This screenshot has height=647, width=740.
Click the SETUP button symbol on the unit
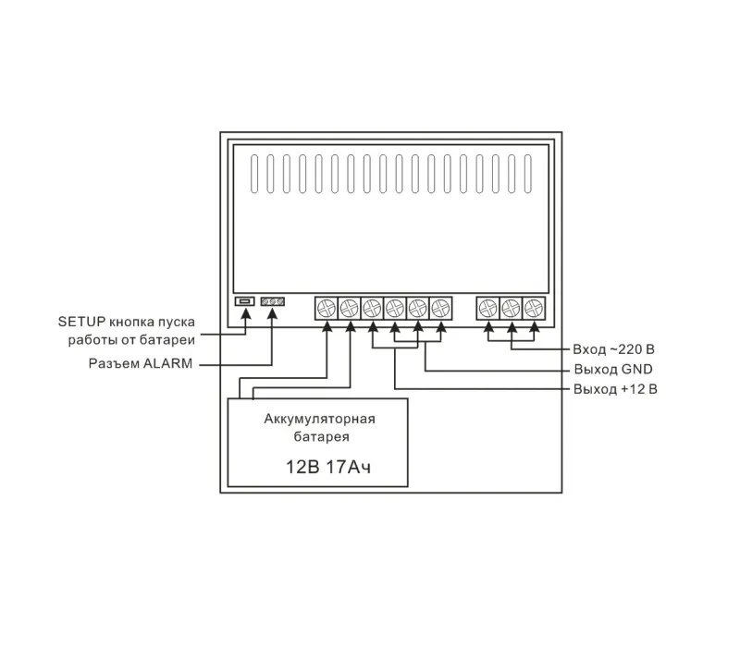point(244,301)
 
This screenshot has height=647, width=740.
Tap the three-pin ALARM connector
point(272,301)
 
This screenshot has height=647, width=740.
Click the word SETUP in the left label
point(81,322)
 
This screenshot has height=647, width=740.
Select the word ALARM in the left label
point(167,363)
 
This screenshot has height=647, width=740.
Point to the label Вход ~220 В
point(613,349)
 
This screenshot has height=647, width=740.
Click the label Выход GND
point(613,369)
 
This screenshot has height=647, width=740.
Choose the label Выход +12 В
point(615,389)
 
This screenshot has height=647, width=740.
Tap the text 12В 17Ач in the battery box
point(328,467)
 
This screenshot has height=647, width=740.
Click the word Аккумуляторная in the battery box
point(319,419)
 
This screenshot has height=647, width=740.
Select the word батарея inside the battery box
point(321,436)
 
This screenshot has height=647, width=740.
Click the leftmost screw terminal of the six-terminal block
point(327,309)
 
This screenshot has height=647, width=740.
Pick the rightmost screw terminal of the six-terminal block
point(441,309)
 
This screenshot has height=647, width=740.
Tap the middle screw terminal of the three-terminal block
point(512,309)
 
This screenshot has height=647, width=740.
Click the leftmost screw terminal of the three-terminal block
point(488,309)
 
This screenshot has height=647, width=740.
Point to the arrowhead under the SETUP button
point(245,313)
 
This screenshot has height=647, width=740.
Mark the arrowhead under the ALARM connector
point(272,313)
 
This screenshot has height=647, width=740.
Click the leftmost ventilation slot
point(254,174)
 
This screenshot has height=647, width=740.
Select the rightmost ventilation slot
point(528,174)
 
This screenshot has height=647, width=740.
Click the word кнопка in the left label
point(131,323)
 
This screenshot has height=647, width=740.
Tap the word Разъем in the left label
point(114,363)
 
